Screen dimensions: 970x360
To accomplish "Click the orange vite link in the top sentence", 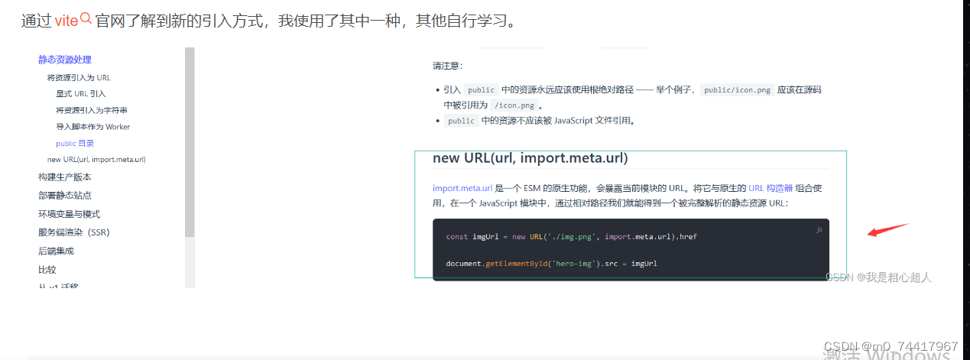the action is [67, 21].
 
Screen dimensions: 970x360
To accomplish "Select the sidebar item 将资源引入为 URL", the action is [79, 77].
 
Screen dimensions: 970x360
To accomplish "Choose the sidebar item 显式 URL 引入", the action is [81, 94].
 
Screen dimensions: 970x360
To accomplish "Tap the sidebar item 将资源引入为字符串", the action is [91, 110].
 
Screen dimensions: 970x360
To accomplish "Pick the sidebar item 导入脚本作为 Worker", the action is [92, 127].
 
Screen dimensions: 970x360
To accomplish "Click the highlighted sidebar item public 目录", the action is [75, 143].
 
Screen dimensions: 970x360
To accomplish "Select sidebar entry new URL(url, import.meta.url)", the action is [96, 160].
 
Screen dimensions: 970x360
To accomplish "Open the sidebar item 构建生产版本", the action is [65, 177].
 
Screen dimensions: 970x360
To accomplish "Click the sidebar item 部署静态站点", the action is [65, 196].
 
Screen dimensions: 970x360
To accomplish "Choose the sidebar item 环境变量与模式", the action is [69, 214].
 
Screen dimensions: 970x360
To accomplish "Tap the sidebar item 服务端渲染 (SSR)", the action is [73, 232].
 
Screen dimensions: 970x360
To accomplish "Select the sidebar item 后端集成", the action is [56, 251].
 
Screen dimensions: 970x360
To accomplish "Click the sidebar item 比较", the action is [47, 270].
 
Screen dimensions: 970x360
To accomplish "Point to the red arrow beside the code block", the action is [887, 230].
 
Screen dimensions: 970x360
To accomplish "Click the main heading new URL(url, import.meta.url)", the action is [530, 158].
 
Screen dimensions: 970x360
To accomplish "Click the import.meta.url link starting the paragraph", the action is [462, 188].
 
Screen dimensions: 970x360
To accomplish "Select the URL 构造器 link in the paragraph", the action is [775, 188].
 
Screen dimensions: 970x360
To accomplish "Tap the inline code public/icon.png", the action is [738, 90].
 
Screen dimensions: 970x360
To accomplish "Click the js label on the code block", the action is [819, 229].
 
